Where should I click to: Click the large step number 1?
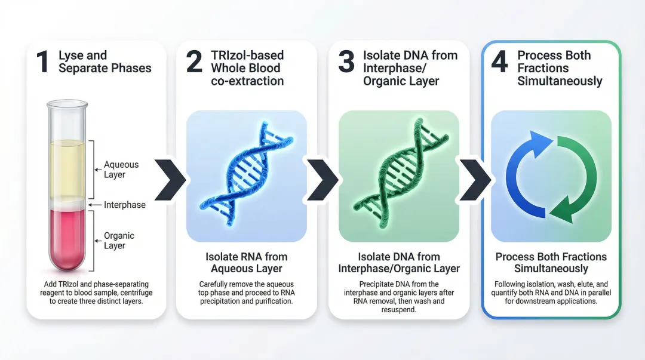click(42, 61)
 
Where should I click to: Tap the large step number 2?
click(194, 61)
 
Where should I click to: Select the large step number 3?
click(346, 61)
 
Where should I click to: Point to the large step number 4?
click(499, 61)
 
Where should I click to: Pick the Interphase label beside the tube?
click(125, 205)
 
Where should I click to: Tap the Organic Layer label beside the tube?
click(119, 241)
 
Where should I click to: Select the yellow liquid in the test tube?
click(67, 169)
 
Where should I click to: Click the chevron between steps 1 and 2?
click(170, 180)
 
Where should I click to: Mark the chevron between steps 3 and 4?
click(475, 180)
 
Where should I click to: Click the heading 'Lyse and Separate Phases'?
click(105, 61)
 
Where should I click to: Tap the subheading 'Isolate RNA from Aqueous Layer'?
click(247, 263)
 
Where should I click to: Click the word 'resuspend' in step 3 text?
click(398, 310)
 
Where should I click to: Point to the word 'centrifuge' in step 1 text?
click(136, 293)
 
